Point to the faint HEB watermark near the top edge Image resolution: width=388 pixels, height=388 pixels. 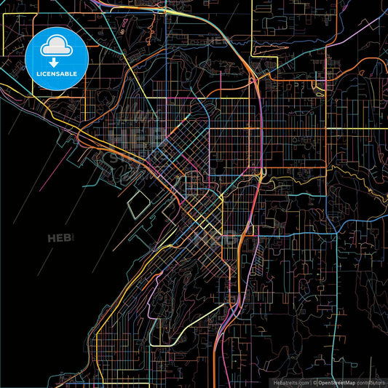(x=218, y=41)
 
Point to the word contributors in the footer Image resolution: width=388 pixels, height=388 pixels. (x=370, y=381)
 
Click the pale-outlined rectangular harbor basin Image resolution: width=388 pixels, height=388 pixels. (x=138, y=210)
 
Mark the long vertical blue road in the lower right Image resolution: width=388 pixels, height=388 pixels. (x=337, y=306)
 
